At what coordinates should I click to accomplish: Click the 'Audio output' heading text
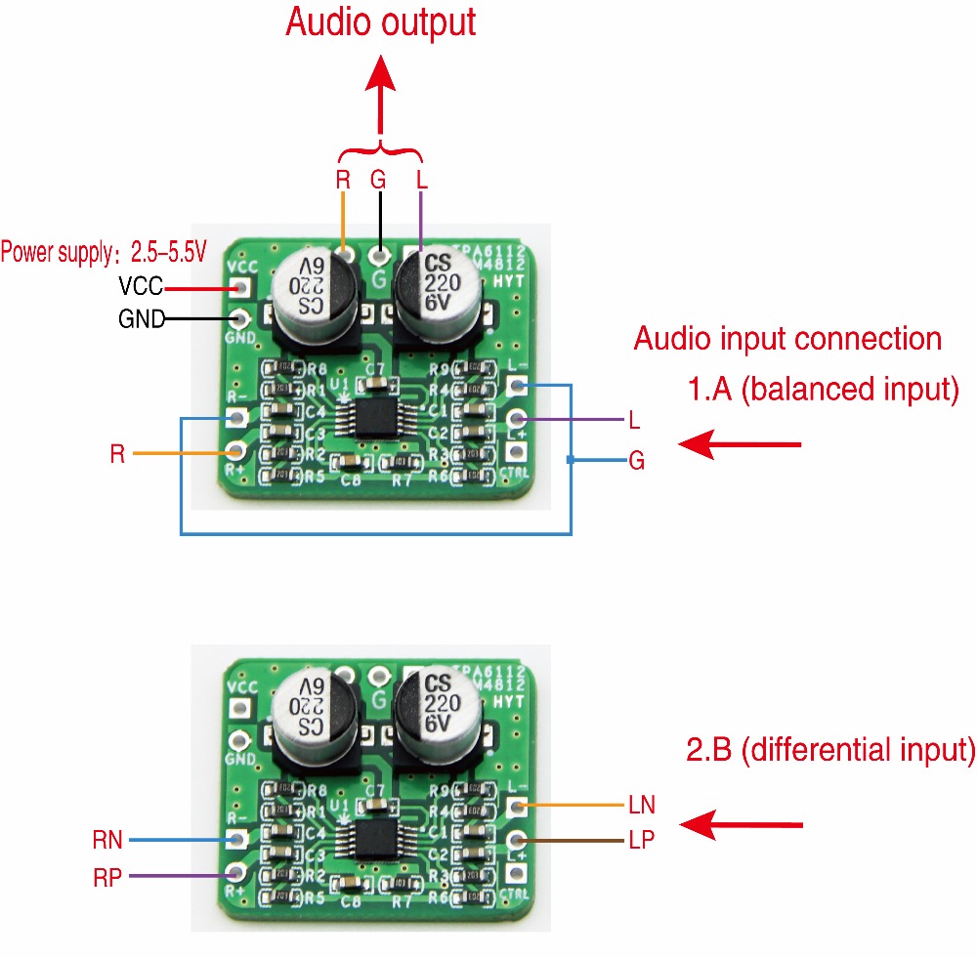380,22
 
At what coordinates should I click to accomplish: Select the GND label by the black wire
141,318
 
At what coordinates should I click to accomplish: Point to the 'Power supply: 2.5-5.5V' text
104,254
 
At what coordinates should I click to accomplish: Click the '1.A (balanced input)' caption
823,389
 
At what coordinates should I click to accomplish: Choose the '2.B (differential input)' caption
829,751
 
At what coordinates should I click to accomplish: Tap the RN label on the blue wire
106,839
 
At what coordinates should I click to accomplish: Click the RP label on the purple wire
106,878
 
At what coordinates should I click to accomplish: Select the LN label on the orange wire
642,806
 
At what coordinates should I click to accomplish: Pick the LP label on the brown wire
642,840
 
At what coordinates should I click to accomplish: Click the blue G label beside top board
636,460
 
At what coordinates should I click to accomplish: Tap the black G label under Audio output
379,181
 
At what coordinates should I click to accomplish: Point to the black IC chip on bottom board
369,838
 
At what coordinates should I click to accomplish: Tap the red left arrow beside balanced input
740,446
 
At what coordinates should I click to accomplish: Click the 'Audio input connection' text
787,339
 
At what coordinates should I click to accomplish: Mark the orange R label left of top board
117,454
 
